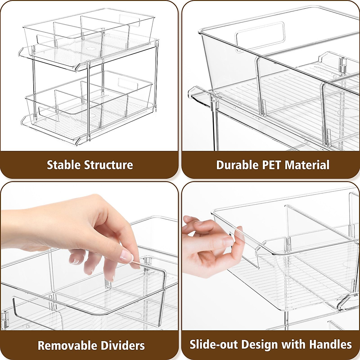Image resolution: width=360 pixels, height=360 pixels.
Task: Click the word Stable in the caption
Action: click(x=64, y=165)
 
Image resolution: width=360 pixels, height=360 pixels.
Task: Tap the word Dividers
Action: click(x=126, y=346)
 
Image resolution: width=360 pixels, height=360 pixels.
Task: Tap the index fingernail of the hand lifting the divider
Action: click(x=127, y=256)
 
